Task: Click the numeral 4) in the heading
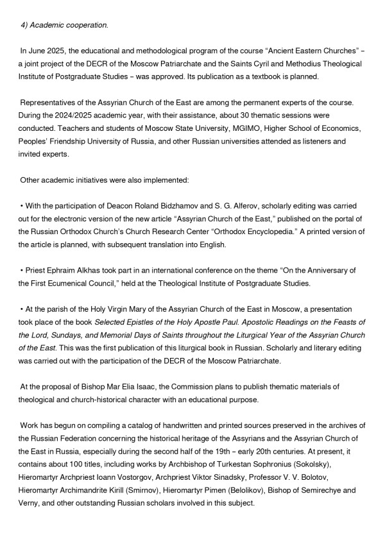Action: (x=25, y=26)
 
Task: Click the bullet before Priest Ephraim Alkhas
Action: (x=22, y=257)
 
